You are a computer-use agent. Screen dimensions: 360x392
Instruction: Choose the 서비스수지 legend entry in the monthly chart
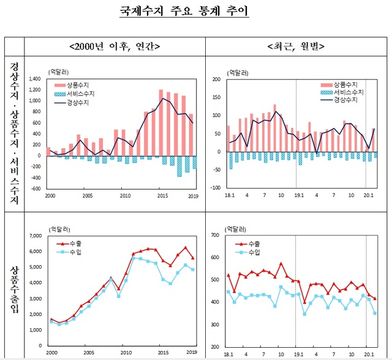click(x=347, y=92)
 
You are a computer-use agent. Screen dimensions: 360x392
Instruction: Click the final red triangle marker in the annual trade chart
click(x=193, y=258)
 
